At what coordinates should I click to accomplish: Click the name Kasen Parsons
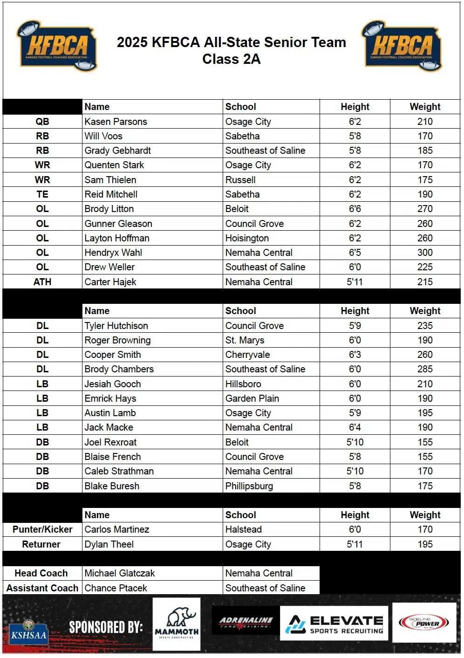116,122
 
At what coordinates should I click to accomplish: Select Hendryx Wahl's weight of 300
424,253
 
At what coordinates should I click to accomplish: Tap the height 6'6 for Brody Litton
355,209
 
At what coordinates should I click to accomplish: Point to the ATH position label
42,282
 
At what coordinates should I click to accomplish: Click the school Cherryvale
247,355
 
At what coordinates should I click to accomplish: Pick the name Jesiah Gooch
112,384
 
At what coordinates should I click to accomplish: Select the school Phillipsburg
249,486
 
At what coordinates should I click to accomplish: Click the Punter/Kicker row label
42,529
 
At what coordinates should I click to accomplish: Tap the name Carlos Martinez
116,529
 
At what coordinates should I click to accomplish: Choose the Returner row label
41,544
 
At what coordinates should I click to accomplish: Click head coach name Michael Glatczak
119,573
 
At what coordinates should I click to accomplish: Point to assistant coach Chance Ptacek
116,588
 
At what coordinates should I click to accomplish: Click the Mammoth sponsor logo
177,624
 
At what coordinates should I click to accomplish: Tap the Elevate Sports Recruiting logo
334,624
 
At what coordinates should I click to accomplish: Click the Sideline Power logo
424,623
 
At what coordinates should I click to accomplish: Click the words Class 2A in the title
231,59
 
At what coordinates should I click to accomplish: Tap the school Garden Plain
252,398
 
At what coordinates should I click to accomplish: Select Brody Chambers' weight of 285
424,369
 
